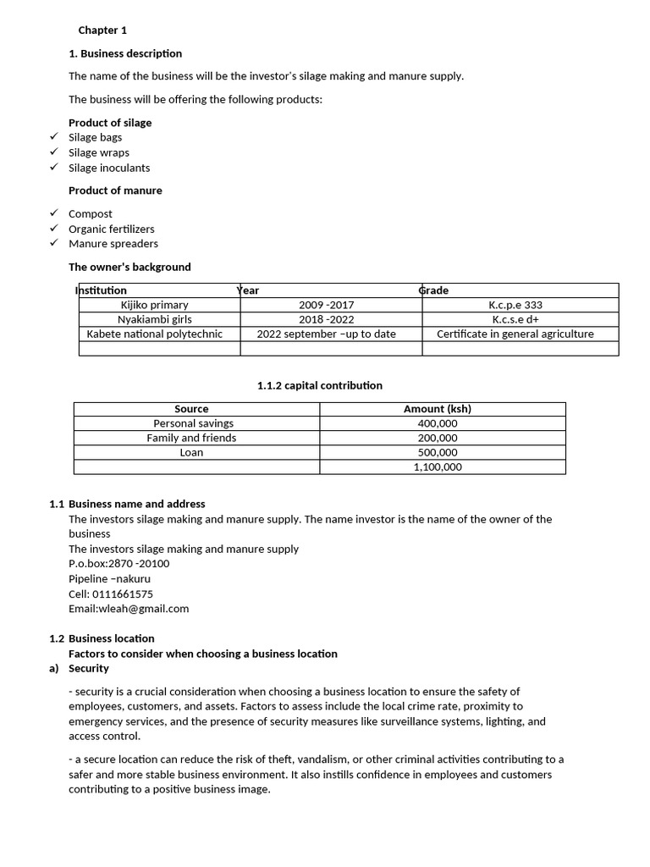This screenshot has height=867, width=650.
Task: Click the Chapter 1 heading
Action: click(102, 30)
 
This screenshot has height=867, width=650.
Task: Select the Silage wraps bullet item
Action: click(99, 152)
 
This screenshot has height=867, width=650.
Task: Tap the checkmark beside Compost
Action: click(53, 213)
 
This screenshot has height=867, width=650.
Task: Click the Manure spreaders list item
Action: click(113, 244)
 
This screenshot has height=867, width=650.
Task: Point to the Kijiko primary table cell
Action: click(155, 305)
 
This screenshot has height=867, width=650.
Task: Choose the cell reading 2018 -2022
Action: click(327, 319)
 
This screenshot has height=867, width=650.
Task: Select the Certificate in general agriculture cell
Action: click(515, 334)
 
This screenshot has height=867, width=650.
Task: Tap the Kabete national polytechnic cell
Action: click(155, 334)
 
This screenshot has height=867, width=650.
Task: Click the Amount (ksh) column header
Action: click(438, 409)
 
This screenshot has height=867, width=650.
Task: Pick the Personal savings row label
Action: click(194, 423)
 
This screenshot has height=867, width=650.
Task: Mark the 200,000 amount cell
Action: click(438, 438)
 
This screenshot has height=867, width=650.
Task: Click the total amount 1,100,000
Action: click(438, 467)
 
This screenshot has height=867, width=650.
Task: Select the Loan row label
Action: click(192, 452)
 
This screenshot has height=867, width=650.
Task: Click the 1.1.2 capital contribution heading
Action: click(320, 385)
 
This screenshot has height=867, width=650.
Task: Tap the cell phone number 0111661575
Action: click(111, 594)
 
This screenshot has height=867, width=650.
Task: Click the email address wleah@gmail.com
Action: click(129, 609)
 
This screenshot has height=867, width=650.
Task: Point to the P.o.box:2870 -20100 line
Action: click(118, 564)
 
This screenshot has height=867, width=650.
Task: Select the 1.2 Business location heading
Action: click(111, 638)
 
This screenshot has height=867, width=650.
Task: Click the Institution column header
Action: click(102, 290)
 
